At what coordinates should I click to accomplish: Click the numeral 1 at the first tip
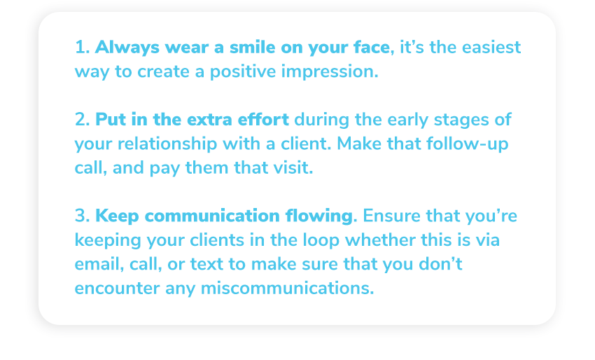(x=80, y=48)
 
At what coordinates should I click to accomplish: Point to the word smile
(x=252, y=48)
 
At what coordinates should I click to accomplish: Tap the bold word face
(x=372, y=48)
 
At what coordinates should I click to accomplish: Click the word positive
(x=243, y=72)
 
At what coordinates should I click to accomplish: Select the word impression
(x=330, y=72)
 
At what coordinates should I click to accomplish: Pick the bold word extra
(x=209, y=120)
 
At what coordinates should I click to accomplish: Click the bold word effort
(x=263, y=119)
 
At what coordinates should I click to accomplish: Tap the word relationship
(x=167, y=144)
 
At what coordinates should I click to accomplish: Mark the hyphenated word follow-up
(x=467, y=144)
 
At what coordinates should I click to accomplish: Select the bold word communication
(x=212, y=216)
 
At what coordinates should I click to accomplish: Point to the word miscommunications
(x=287, y=288)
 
